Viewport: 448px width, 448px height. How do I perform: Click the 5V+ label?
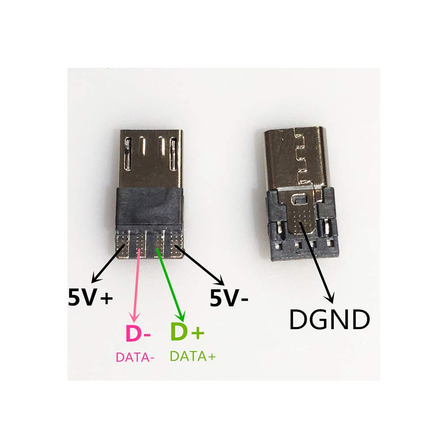[x=90, y=297]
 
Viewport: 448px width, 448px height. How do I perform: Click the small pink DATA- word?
[x=135, y=358]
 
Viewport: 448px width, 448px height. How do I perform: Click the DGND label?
[x=329, y=319]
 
